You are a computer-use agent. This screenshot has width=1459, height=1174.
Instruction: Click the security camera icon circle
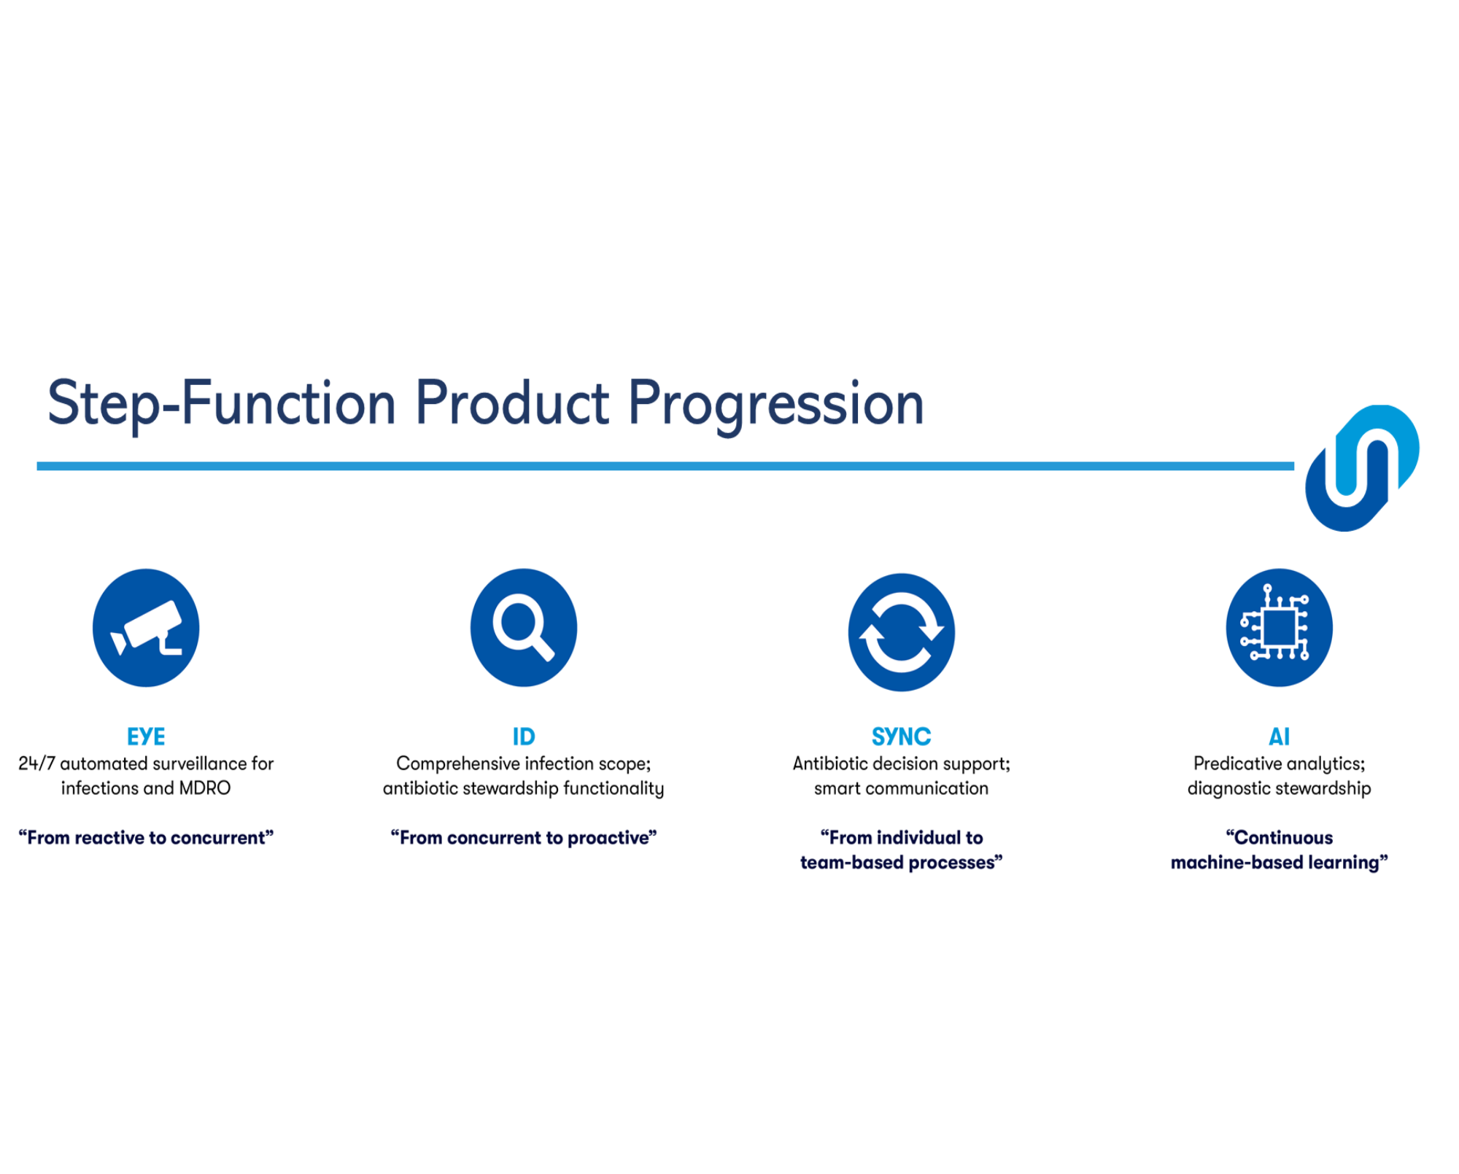pos(146,628)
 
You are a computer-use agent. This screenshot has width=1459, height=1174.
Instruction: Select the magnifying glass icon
pos(524,628)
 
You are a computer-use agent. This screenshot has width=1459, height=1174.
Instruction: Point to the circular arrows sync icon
pos(902,632)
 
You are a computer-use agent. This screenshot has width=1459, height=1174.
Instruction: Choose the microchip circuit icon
pos(1280,628)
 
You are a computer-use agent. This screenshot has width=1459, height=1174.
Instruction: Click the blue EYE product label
pos(146,736)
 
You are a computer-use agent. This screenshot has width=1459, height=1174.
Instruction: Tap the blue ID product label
pos(524,736)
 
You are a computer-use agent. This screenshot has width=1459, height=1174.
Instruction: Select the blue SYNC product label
pos(902,736)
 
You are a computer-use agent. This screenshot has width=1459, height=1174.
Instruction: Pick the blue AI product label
pos(1280,736)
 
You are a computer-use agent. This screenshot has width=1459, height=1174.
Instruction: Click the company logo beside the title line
pos(1363,468)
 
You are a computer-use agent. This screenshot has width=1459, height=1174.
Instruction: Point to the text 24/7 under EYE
pos(36,763)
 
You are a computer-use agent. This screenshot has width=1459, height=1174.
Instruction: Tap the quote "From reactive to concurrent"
pos(146,838)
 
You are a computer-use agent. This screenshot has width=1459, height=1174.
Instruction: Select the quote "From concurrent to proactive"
pos(524,838)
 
